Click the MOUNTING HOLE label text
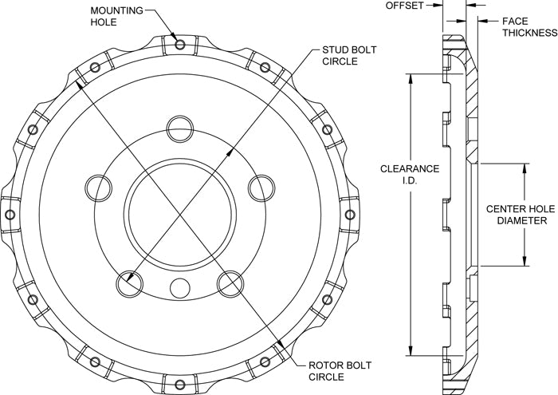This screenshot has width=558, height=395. click(116, 16)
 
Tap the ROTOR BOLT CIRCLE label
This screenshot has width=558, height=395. click(335, 371)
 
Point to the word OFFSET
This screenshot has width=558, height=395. click(405, 6)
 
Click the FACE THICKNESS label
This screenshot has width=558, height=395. click(530, 27)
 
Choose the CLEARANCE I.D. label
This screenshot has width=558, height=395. click(410, 174)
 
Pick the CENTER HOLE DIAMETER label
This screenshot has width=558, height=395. click(521, 215)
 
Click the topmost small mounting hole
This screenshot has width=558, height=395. click(180, 45)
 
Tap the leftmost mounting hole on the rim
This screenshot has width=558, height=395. click(10, 215)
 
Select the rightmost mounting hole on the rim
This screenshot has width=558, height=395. click(350, 215)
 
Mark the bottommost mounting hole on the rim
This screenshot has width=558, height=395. click(180, 385)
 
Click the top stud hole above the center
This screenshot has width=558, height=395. click(180, 129)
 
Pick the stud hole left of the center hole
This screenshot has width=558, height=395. click(99, 188)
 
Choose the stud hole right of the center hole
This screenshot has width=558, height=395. click(261, 188)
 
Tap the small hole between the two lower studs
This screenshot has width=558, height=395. click(180, 289)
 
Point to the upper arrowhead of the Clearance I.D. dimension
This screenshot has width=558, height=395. click(411, 79)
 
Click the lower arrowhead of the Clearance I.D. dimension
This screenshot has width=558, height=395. click(411, 350)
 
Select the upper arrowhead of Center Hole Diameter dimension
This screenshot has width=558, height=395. click(525, 169)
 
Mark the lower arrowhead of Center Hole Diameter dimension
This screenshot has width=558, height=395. click(525, 260)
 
